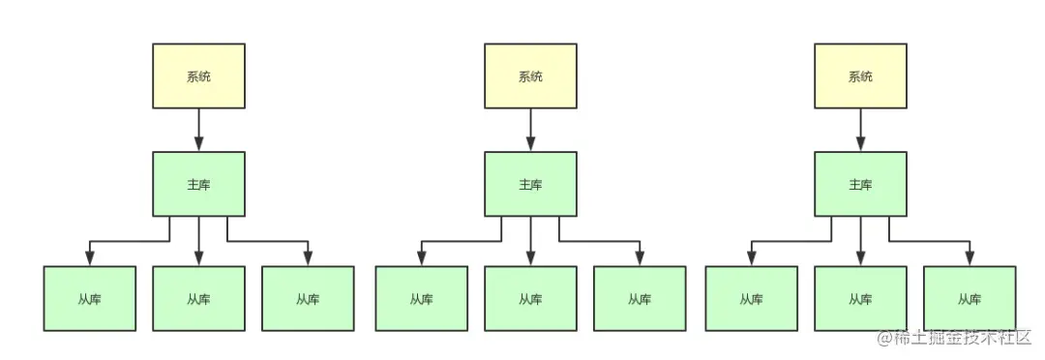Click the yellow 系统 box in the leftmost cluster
(x=198, y=75)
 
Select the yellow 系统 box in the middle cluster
(x=530, y=75)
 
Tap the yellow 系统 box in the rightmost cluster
(x=860, y=75)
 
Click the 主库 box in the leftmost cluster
(x=198, y=184)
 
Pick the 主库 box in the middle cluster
(x=530, y=184)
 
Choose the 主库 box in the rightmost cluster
(x=860, y=184)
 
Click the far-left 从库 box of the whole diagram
(x=89, y=298)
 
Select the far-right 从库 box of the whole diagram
(x=970, y=298)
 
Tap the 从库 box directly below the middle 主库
(x=530, y=298)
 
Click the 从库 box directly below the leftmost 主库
(x=198, y=298)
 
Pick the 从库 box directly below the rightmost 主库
(x=860, y=298)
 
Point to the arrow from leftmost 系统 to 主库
(x=198, y=129)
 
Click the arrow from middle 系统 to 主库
(x=530, y=129)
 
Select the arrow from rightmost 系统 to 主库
(x=860, y=129)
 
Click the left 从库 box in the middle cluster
(x=421, y=298)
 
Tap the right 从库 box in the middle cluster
(x=640, y=298)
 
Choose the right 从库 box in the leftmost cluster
(x=308, y=298)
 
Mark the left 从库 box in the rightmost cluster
(x=751, y=298)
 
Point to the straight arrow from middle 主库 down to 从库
(x=530, y=240)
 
